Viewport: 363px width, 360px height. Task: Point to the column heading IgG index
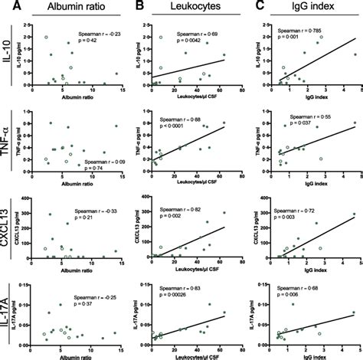[x=306, y=8]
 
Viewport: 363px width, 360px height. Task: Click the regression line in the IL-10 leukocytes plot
[x=191, y=70]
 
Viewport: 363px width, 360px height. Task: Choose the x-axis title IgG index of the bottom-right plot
[x=312, y=355]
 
